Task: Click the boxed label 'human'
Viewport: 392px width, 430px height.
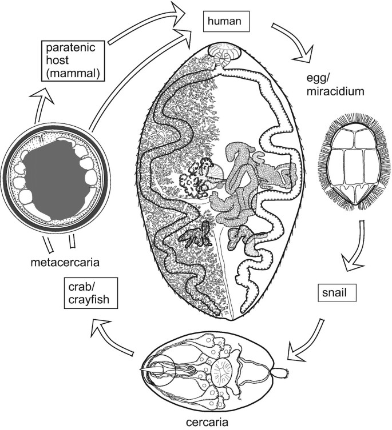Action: point(224,23)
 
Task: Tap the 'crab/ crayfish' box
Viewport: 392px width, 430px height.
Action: point(81,295)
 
